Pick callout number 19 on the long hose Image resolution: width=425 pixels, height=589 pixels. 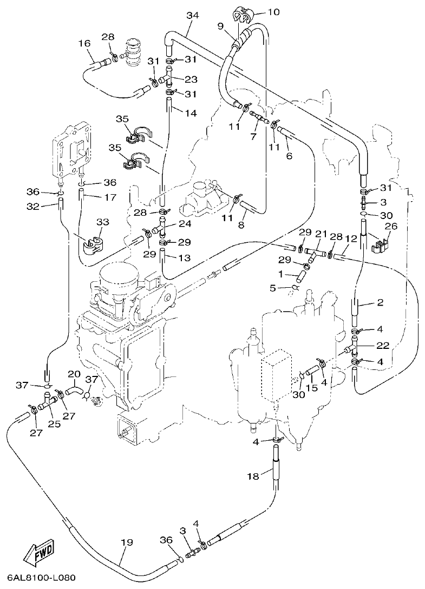pos(126,542)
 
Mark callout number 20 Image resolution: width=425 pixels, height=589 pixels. pos(74,374)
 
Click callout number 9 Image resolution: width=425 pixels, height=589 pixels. pos(220,25)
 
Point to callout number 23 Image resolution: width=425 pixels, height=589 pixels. pos(191,80)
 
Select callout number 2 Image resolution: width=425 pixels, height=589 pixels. pos(380,302)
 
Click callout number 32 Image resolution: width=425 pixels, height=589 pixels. pos(33,206)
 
